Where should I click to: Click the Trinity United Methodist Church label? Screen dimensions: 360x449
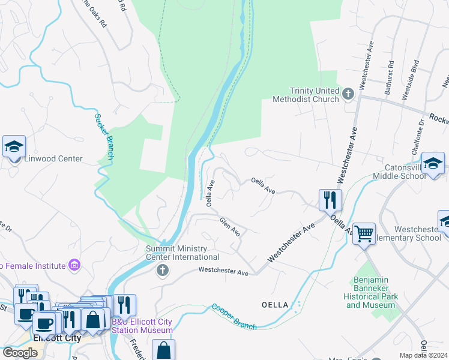[x=306, y=95]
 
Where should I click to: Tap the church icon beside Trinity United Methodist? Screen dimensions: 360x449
[x=348, y=94]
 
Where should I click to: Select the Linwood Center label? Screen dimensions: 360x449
[x=53, y=159]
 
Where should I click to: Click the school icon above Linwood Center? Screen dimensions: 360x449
[x=14, y=146]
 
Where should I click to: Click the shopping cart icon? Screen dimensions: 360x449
[x=364, y=233]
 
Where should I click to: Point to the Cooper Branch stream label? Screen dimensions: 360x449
[x=234, y=317]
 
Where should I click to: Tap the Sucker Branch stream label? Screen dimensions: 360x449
[x=103, y=136]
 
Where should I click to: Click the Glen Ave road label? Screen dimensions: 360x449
[x=230, y=226]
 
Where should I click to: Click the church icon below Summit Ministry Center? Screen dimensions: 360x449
[x=161, y=270]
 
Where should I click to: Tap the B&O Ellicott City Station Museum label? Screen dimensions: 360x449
[x=143, y=326]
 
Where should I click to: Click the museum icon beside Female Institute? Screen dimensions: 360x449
[x=74, y=265]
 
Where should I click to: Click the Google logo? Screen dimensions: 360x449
[x=20, y=353]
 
